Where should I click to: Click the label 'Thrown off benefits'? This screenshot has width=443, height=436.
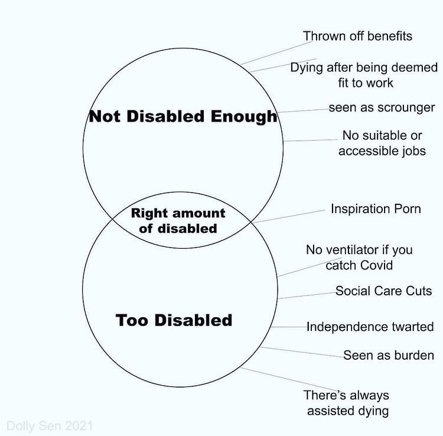[x=357, y=36]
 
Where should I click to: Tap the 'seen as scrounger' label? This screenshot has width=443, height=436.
[x=382, y=108]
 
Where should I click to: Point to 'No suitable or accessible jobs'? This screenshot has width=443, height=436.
[x=382, y=143]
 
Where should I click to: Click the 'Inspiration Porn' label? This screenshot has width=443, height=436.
[x=376, y=209]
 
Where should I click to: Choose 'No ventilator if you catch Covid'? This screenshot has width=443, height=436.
[x=359, y=257]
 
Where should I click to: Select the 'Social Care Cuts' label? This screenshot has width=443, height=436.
[x=384, y=291]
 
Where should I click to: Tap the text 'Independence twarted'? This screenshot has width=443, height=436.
[x=370, y=327]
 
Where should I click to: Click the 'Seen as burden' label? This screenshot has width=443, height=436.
[x=389, y=355]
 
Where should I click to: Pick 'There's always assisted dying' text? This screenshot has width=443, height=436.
[x=347, y=403]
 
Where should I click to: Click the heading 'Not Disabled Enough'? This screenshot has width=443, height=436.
[x=183, y=116]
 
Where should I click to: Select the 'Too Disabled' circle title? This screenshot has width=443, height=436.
[x=174, y=320]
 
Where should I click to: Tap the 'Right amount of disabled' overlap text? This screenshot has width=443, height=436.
[x=178, y=220]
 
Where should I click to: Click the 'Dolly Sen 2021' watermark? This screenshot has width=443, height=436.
[x=50, y=425]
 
